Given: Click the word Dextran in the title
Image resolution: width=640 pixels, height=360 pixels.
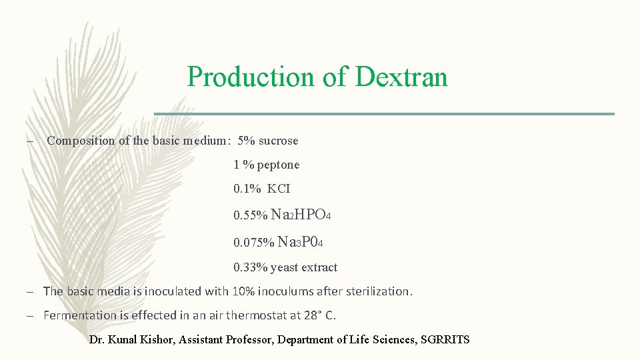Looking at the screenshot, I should (x=401, y=77).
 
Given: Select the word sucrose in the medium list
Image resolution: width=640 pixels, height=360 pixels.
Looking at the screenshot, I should (x=278, y=141).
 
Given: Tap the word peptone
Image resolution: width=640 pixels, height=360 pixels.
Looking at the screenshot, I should (x=278, y=165).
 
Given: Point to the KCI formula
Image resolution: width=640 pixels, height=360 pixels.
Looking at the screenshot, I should (x=279, y=189).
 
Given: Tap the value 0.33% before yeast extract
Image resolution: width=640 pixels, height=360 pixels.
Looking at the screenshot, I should (x=251, y=268).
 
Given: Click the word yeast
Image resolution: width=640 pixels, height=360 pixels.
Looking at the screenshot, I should (x=285, y=268).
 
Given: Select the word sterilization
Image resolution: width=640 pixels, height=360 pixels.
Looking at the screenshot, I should (x=378, y=291).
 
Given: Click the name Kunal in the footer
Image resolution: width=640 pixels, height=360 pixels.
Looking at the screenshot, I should (x=124, y=340).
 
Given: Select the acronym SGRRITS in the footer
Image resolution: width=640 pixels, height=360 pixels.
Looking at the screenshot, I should (x=445, y=340).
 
